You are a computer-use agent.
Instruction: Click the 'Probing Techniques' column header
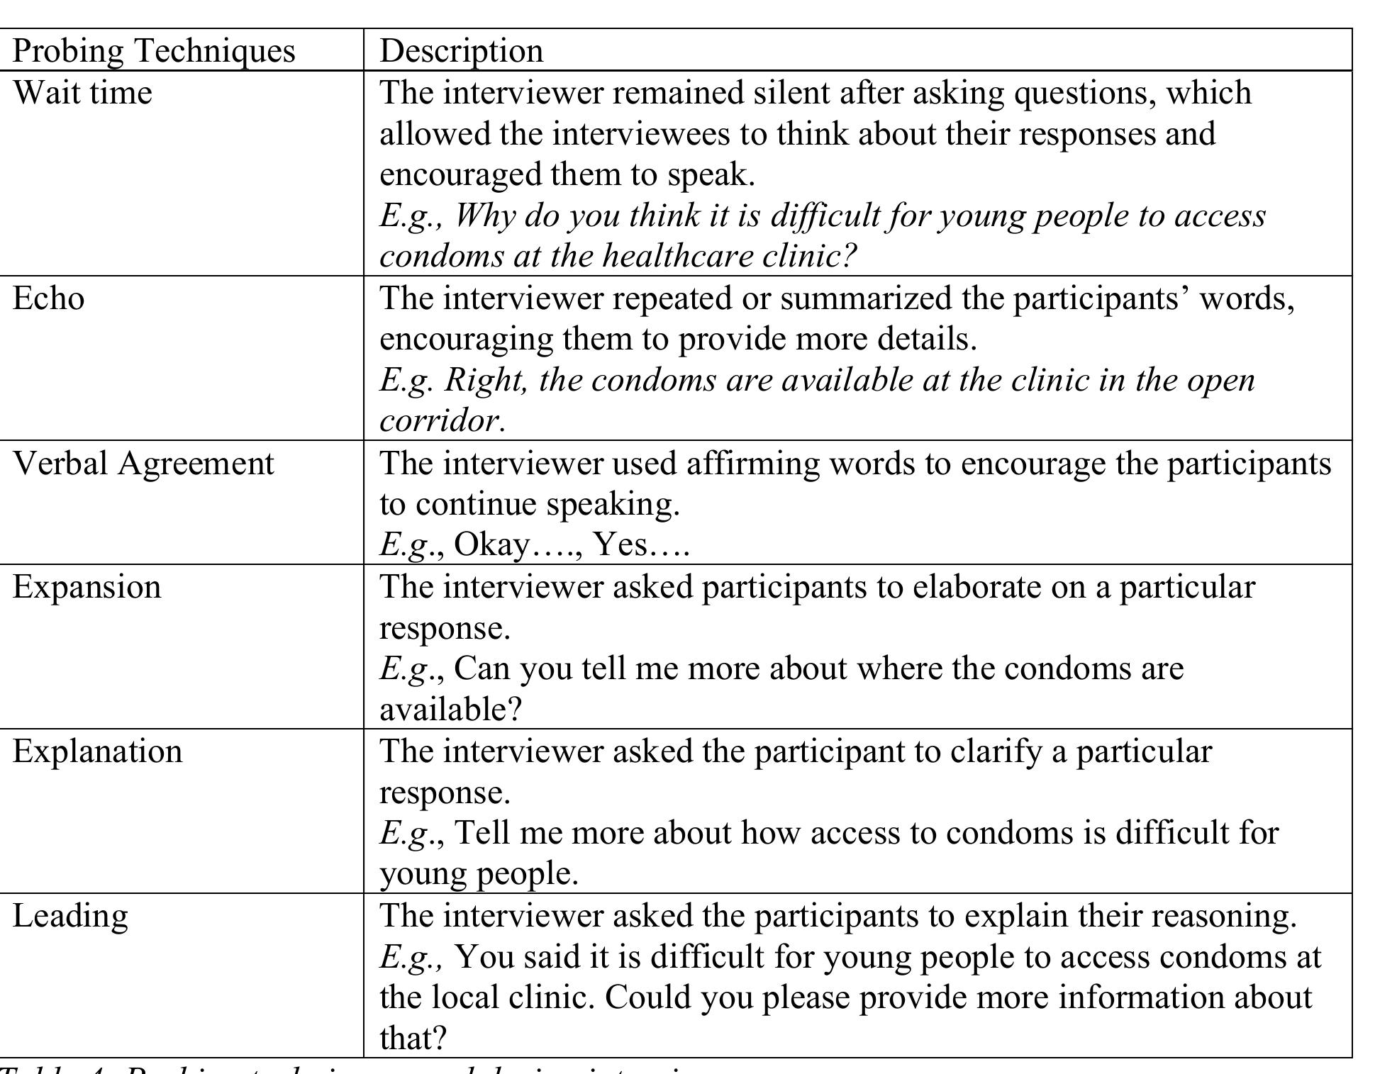pos(153,51)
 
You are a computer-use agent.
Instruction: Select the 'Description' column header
pos(462,51)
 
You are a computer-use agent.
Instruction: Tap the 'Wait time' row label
pos(82,93)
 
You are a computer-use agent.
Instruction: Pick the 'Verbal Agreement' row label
pos(143,464)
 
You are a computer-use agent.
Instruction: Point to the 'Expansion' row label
pos(87,587)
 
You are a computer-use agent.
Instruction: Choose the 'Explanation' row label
pos(97,751)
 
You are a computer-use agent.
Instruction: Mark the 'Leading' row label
pos(70,916)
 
